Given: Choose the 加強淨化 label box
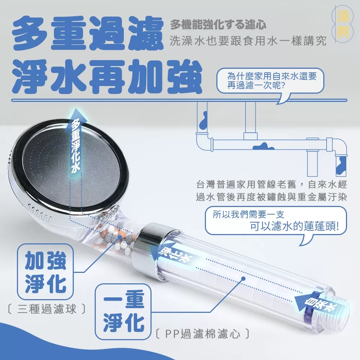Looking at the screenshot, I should pos(45,272).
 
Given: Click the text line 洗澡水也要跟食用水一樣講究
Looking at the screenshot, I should pos(248,40).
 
